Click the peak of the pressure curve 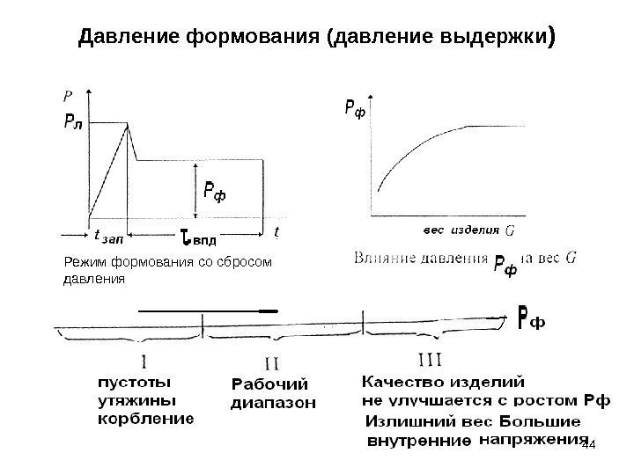tap(129, 125)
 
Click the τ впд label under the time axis tap(197, 236)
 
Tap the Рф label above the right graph tap(354, 108)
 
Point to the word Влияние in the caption tap(388, 259)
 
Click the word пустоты tap(134, 384)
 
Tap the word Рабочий tap(270, 385)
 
